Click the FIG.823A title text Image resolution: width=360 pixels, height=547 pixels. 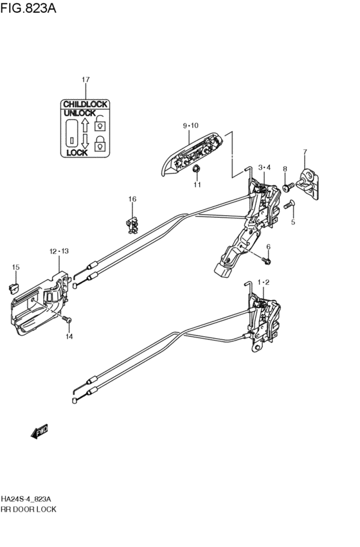pos(28,8)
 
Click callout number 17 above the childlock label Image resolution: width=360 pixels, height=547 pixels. pos(85,80)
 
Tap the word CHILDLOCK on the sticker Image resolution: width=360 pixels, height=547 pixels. pos(85,104)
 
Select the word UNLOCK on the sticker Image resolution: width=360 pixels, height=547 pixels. pos(80,113)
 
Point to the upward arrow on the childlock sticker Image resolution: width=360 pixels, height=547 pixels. pos(85,125)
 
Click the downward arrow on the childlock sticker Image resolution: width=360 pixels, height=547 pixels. pos(85,141)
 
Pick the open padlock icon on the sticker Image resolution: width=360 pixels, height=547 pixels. pos(100,123)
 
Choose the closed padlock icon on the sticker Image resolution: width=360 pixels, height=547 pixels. pos(100,143)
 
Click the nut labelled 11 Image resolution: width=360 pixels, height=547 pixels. pos(197,169)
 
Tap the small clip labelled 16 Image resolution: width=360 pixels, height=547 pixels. pos(132,226)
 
